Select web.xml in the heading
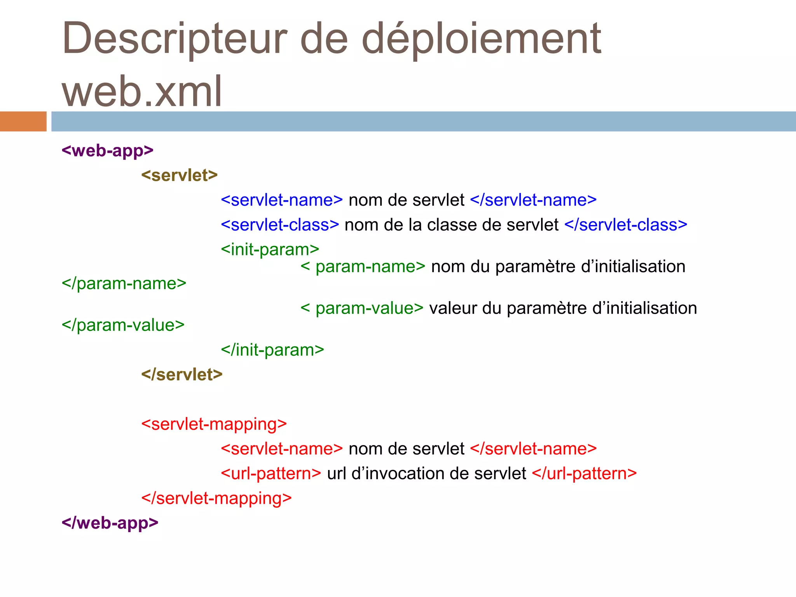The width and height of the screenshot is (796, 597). pos(142,91)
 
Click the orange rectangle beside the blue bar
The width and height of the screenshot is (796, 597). pos(23,121)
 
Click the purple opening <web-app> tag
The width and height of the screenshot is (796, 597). pos(107,150)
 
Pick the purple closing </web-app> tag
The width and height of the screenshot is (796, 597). pos(110,523)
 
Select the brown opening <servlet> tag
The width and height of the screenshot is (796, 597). pos(179,175)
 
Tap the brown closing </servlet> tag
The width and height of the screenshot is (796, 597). pos(182,374)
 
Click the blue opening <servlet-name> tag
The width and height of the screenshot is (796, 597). pos(281,200)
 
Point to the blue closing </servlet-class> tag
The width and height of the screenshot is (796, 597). pos(625,225)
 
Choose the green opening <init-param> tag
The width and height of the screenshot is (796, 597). pos(270,250)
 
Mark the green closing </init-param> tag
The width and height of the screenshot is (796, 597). pos(272,350)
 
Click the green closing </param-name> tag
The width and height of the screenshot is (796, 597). pos(124,283)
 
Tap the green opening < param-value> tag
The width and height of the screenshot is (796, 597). pos(361,308)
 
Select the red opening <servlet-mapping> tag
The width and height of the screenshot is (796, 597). pos(214,424)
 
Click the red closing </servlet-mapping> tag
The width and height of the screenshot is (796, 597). pos(216,498)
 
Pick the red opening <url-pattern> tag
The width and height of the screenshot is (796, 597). pos(271,473)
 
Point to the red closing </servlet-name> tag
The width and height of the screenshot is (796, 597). pos(533,449)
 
